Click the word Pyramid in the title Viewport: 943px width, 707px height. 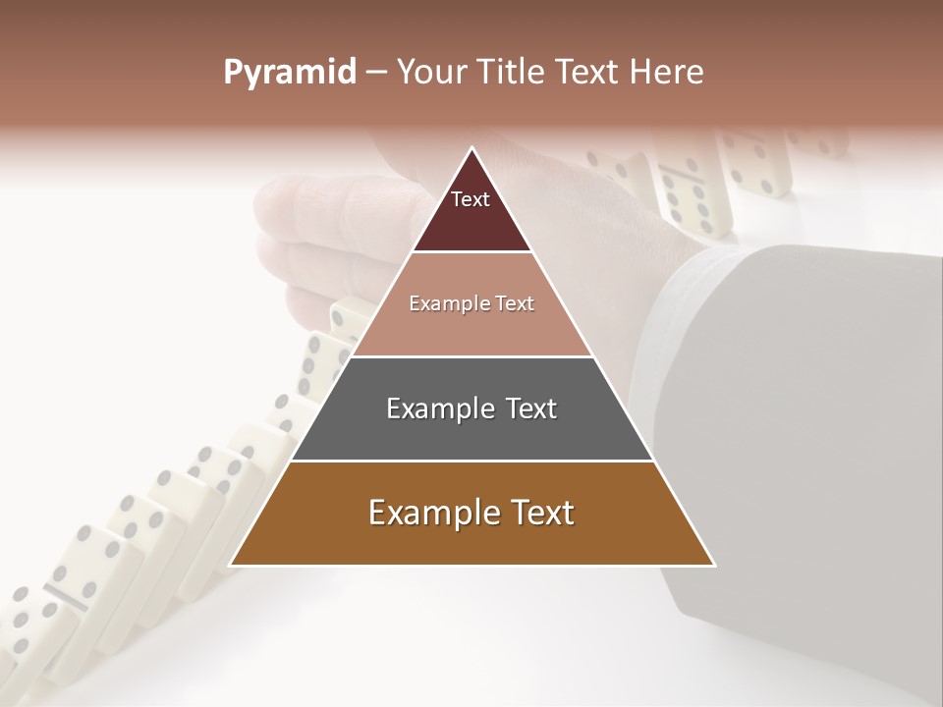click(290, 73)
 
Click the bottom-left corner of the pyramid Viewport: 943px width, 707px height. click(232, 565)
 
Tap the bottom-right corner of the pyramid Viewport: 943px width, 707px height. click(713, 565)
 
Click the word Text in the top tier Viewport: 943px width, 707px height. click(471, 199)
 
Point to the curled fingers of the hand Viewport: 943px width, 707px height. click(295, 245)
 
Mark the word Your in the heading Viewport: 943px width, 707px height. click(431, 72)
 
